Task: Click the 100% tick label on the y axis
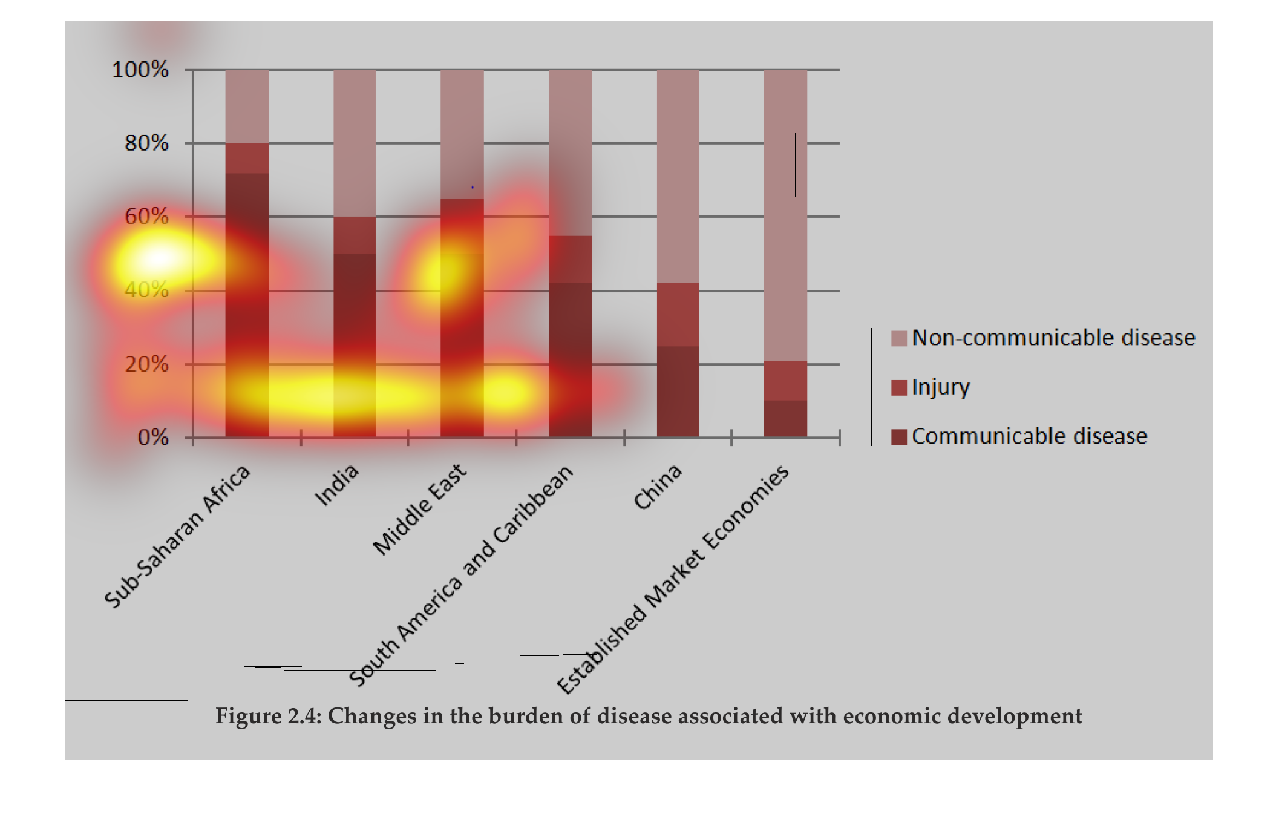tap(140, 70)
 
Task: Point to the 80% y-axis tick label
tap(146, 143)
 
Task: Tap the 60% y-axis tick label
tap(146, 217)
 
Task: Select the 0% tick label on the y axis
tap(153, 437)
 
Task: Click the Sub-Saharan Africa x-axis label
tap(177, 536)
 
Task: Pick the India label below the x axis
tap(337, 485)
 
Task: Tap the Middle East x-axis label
tap(420, 510)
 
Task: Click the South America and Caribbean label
tap(461, 576)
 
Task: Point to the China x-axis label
tap(658, 487)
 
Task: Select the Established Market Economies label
tap(673, 580)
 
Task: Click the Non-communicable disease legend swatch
tap(898, 338)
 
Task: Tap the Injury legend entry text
tap(941, 387)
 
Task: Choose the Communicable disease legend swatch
tap(898, 437)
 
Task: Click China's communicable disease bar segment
tap(678, 391)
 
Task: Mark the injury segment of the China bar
tap(678, 314)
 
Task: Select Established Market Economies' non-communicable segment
tap(785, 215)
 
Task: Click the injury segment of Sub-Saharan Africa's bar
tap(247, 158)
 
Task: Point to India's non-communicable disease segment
tap(355, 143)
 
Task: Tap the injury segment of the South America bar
tap(570, 259)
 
